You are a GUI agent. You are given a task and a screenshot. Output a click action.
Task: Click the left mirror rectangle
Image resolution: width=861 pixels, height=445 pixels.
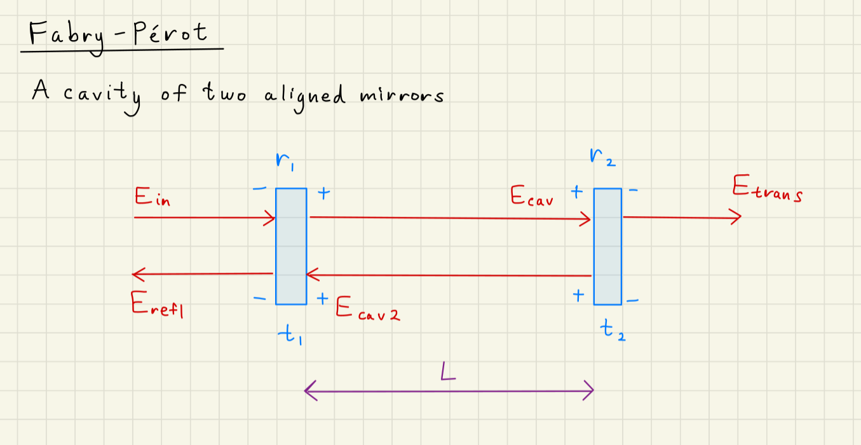[291, 246]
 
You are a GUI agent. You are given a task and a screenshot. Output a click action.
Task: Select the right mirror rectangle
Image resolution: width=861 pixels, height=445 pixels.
[607, 246]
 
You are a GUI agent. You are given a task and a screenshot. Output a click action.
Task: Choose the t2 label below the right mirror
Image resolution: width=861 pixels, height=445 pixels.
[613, 331]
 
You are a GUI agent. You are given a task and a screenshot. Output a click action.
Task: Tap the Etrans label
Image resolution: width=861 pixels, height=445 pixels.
[766, 189]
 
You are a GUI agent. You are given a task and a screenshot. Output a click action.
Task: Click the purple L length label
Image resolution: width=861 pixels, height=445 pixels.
[449, 371]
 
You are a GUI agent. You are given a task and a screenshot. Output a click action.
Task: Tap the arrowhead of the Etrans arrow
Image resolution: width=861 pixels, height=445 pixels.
[736, 217]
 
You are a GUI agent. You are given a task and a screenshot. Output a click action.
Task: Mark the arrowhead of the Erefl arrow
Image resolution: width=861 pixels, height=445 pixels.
[137, 274]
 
